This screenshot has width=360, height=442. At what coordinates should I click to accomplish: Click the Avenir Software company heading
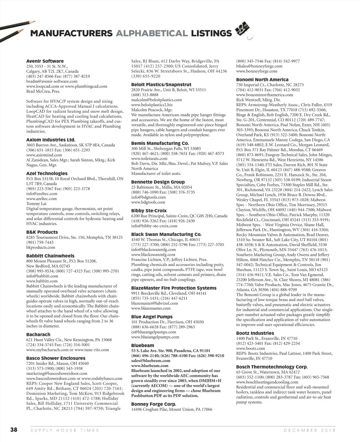point(45,61)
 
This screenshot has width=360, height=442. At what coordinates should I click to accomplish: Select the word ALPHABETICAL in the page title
point(151,33)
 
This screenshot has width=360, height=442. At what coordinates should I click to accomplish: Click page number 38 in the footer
point(14,430)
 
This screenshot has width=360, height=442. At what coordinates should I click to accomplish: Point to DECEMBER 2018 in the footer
point(310,430)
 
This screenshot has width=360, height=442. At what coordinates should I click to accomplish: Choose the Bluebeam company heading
point(143,345)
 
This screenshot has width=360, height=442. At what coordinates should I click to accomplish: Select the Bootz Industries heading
point(255,333)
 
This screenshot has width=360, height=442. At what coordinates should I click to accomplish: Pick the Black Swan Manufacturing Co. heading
point(166,234)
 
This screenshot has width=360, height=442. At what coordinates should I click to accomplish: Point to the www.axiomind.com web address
point(44,155)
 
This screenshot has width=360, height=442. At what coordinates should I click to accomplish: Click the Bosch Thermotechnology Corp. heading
point(272,367)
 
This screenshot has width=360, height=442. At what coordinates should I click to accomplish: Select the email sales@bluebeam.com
point(150,361)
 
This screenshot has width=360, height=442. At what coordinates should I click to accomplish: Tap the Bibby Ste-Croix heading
point(149,211)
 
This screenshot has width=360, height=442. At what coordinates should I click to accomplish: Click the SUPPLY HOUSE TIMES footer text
point(65,430)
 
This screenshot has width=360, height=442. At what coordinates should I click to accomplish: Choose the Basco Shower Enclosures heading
point(56,358)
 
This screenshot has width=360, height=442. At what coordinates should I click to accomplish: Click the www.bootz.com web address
point(250,348)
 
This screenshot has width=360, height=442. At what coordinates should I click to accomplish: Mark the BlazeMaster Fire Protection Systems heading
point(174,288)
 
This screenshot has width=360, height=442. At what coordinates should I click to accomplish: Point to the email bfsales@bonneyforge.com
point(259,66)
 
